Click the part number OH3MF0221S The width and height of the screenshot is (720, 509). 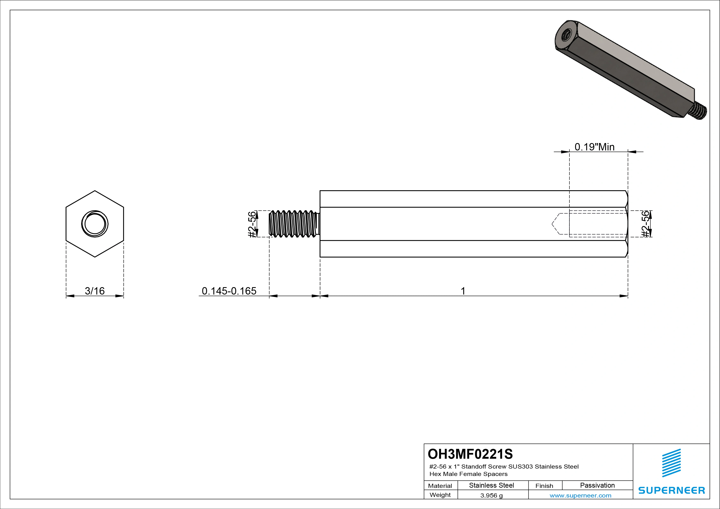470,454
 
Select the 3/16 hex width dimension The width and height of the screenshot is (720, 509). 95,291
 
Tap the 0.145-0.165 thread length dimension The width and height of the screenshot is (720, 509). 229,291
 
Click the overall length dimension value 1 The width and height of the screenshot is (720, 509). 463,291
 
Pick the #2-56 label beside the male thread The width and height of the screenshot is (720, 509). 252,224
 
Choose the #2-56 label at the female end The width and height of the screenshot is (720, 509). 645,224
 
